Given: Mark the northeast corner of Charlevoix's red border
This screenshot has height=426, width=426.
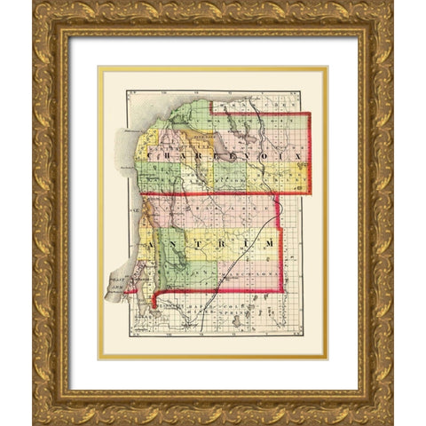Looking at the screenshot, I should [x=310, y=114].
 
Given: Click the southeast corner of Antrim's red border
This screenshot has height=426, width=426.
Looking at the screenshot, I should [x=281, y=290].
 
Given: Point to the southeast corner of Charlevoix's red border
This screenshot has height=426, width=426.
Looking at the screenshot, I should [x=310, y=193].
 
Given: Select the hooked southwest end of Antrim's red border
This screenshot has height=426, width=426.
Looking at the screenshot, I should [x=154, y=307].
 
